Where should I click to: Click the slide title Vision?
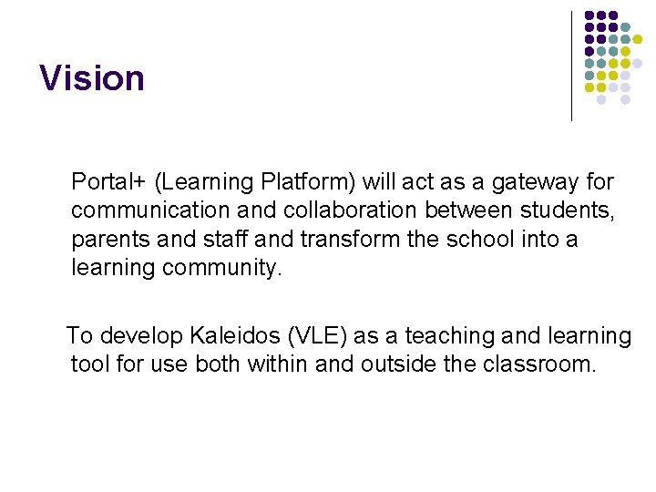(x=92, y=78)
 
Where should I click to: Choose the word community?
(x=223, y=269)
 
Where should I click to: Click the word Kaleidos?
(x=234, y=336)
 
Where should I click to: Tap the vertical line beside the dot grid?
(x=571, y=66)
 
